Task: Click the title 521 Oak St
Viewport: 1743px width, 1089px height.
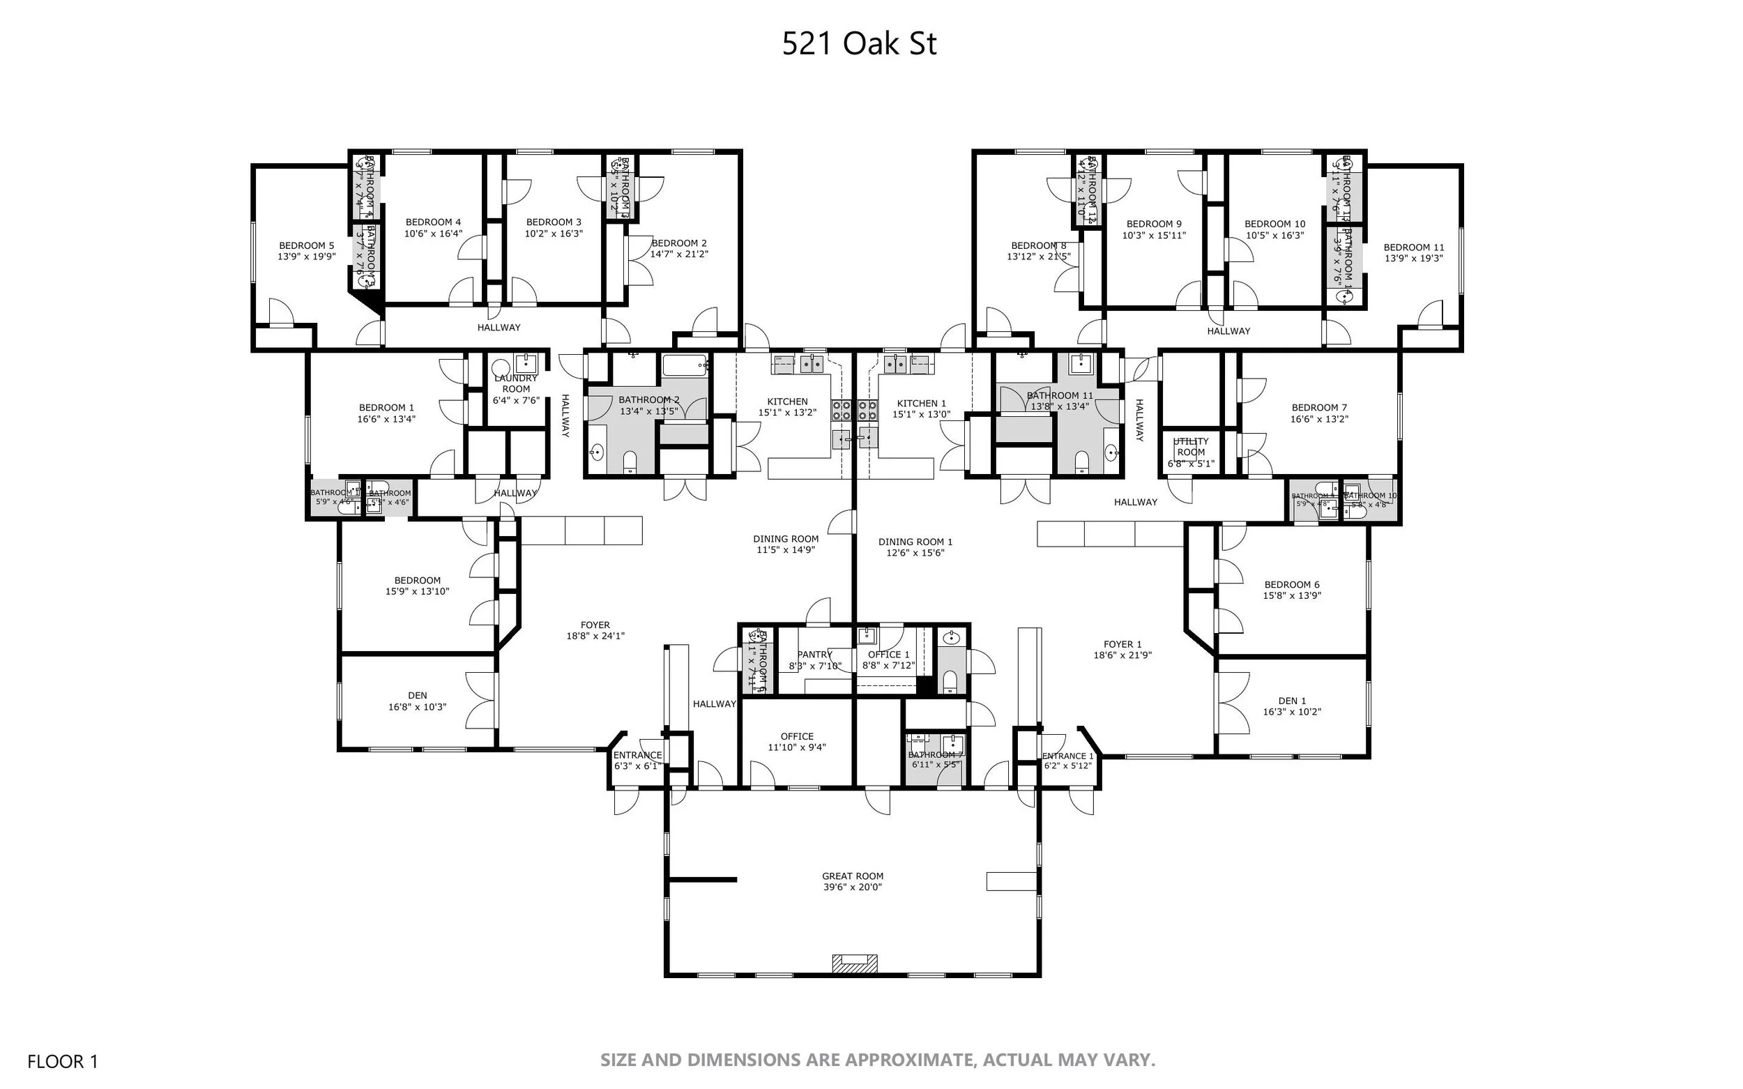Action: click(858, 44)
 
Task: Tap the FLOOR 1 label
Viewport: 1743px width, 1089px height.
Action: click(62, 1061)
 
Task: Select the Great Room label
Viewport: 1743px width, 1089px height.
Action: click(852, 876)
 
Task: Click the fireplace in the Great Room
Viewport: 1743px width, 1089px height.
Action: click(855, 963)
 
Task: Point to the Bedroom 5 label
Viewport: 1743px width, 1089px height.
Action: click(306, 245)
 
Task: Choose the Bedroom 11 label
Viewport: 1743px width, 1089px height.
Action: click(1413, 247)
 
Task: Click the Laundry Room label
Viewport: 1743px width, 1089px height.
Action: click(516, 383)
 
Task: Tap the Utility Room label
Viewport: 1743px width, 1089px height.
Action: click(1191, 447)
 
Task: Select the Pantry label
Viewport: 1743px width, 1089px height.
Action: click(814, 655)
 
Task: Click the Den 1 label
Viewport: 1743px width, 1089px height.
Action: click(1292, 701)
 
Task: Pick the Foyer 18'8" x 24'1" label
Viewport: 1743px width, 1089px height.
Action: click(595, 631)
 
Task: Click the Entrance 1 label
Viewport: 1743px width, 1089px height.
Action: click(1067, 756)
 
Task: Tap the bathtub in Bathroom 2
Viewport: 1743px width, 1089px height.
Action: click(685, 365)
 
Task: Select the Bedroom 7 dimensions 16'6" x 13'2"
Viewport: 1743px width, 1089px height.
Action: click(1320, 419)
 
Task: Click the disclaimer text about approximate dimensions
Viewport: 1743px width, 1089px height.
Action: click(877, 1060)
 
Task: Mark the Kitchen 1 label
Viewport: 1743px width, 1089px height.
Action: click(921, 404)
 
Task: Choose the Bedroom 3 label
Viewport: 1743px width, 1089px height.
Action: click(553, 222)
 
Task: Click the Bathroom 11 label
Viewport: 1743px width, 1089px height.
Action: click(1060, 395)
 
